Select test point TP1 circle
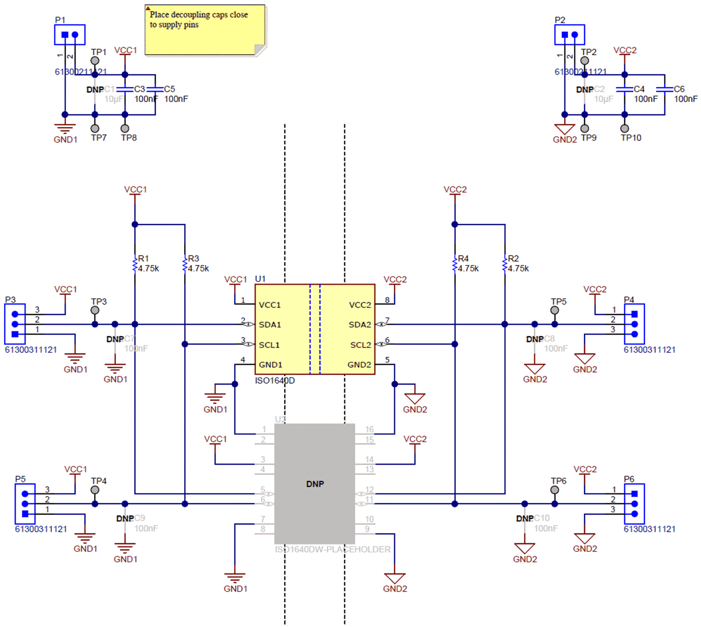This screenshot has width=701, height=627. click(95, 60)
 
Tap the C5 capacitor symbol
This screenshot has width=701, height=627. click(155, 89)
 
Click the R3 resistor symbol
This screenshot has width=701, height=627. click(185, 264)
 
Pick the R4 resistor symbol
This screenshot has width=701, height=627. click(455, 264)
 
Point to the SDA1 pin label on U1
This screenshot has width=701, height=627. click(270, 325)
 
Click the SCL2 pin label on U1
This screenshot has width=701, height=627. click(360, 345)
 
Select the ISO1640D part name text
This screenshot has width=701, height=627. click(274, 381)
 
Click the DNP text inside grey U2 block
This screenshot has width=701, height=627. click(315, 484)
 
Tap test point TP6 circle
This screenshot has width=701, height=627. click(554, 490)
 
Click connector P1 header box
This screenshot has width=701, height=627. click(70, 34)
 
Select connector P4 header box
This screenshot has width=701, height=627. click(634, 324)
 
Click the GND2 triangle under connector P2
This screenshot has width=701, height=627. click(564, 129)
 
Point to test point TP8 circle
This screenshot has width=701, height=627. click(125, 128)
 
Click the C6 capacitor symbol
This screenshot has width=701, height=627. click(665, 89)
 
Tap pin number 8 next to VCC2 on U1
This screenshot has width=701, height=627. click(387, 300)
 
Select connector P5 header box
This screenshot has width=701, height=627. click(25, 504)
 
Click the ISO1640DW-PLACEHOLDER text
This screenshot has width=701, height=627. click(332, 549)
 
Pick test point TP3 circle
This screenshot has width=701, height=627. click(95, 310)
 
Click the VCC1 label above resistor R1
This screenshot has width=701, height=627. click(135, 189)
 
